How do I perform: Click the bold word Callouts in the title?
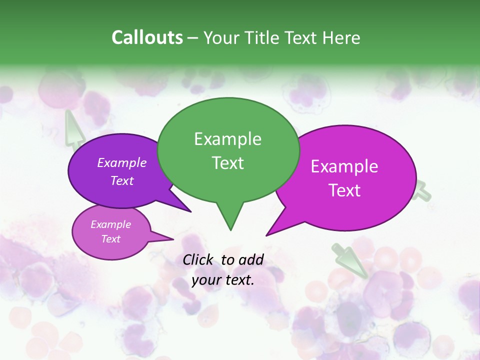coord(147,37)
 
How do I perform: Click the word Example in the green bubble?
coord(227,139)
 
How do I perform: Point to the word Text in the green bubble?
coord(227,162)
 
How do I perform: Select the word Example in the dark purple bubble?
coord(122,162)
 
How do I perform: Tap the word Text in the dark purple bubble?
coord(122,180)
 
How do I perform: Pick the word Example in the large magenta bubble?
coord(344,166)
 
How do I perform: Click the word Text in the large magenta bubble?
coord(344,190)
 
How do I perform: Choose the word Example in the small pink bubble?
coord(111,224)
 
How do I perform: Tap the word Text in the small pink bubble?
coord(111,239)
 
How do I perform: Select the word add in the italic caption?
coord(251,259)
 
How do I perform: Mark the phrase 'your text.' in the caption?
coord(223,280)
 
